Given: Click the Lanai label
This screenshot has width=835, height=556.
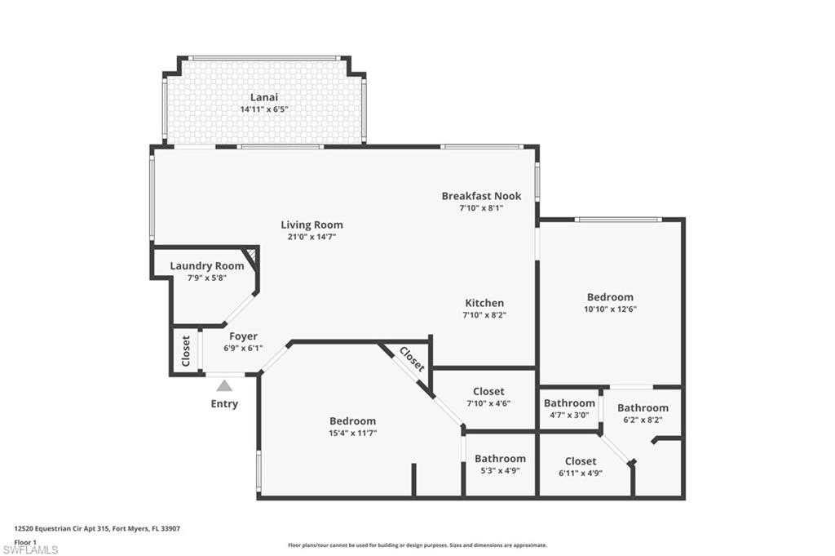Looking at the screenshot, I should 264,97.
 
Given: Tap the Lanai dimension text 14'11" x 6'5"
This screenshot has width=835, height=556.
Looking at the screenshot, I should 264,109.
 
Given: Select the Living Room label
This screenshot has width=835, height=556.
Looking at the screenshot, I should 311,225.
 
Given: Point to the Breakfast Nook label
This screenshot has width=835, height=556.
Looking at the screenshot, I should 481,196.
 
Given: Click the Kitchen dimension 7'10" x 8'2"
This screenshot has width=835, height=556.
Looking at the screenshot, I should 484,315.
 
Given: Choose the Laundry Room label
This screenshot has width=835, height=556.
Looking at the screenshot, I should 206,265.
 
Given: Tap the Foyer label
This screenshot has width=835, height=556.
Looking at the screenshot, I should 243,336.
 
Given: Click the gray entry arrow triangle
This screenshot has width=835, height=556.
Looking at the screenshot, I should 224,385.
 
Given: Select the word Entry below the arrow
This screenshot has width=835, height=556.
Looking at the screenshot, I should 224,403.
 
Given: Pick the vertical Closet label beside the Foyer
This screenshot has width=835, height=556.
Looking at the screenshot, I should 186,351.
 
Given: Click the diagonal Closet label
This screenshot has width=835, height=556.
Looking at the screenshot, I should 412,359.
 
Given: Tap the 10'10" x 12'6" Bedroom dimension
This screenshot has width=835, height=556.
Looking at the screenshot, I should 610,309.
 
